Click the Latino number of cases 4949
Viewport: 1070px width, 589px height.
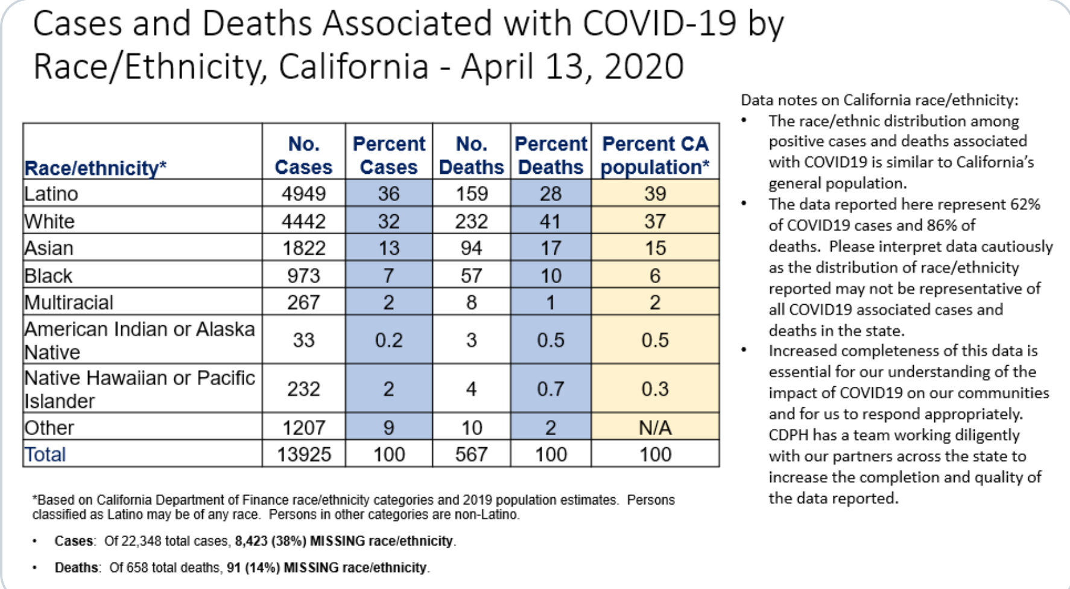(x=303, y=194)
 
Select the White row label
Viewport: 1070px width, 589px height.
(x=49, y=221)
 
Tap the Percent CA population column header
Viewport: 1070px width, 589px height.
(x=655, y=155)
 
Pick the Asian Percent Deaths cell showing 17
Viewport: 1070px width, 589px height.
(x=550, y=248)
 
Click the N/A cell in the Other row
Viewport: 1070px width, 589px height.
(x=655, y=428)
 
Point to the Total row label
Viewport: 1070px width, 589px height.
(x=45, y=454)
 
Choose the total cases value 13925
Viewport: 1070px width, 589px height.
(x=304, y=454)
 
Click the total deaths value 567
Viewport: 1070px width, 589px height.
(x=471, y=454)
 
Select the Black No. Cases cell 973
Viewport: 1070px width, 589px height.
(x=303, y=276)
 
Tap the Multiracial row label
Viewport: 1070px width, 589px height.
(x=69, y=302)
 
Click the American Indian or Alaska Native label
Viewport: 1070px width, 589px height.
(x=139, y=340)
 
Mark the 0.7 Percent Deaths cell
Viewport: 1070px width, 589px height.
(x=551, y=389)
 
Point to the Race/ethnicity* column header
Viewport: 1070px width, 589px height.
(x=95, y=168)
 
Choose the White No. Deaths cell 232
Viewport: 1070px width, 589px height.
(x=471, y=221)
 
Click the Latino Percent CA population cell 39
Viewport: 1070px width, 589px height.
(x=655, y=194)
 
